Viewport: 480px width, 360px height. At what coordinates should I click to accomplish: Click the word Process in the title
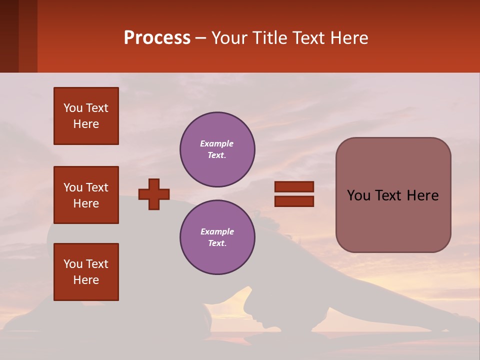[157, 38]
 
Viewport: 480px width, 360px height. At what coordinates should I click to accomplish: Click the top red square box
[86, 116]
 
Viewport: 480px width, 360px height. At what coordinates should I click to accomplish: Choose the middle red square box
[86, 195]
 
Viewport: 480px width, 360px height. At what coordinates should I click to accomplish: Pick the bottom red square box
[86, 272]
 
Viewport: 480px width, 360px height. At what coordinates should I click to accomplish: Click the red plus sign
[154, 194]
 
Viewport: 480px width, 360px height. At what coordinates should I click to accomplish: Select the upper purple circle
[217, 149]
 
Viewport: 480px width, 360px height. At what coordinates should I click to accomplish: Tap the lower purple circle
[217, 237]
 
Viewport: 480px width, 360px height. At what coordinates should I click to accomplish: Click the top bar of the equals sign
[294, 187]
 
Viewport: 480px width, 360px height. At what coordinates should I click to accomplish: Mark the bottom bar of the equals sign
[294, 201]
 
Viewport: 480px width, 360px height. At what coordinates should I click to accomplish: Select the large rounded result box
[393, 195]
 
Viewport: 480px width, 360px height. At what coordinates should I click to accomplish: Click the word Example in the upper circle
[217, 143]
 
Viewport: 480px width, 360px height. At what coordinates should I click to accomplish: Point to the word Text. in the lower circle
[217, 243]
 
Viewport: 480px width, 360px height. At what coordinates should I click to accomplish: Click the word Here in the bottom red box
[86, 280]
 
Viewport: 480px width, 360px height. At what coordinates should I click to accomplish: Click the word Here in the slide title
[349, 38]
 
